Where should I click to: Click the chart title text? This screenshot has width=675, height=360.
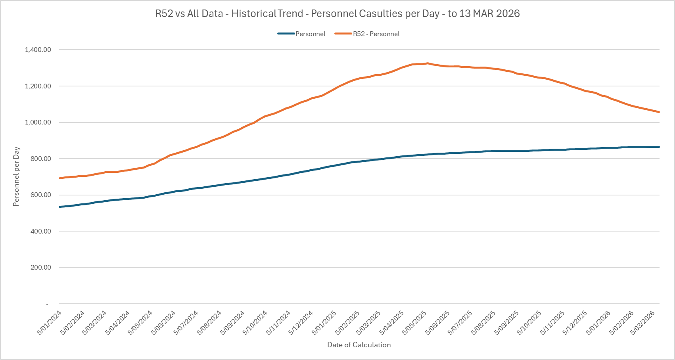click(337, 13)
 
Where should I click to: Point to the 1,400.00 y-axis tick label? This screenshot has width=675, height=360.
click(38, 50)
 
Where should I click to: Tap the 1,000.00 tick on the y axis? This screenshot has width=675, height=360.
click(38, 122)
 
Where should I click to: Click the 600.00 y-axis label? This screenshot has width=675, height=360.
click(40, 195)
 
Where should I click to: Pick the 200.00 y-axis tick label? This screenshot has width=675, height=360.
click(40, 267)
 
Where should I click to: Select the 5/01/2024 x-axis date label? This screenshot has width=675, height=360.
click(50, 322)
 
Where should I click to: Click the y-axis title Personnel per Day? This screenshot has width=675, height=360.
click(16, 177)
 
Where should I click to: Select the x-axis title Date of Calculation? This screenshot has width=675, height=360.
click(359, 345)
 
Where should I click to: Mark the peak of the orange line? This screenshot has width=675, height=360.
click(427, 63)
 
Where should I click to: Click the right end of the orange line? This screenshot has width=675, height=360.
click(659, 112)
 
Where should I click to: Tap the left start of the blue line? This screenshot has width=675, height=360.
click(60, 207)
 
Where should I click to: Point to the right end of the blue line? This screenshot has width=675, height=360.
click(659, 147)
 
